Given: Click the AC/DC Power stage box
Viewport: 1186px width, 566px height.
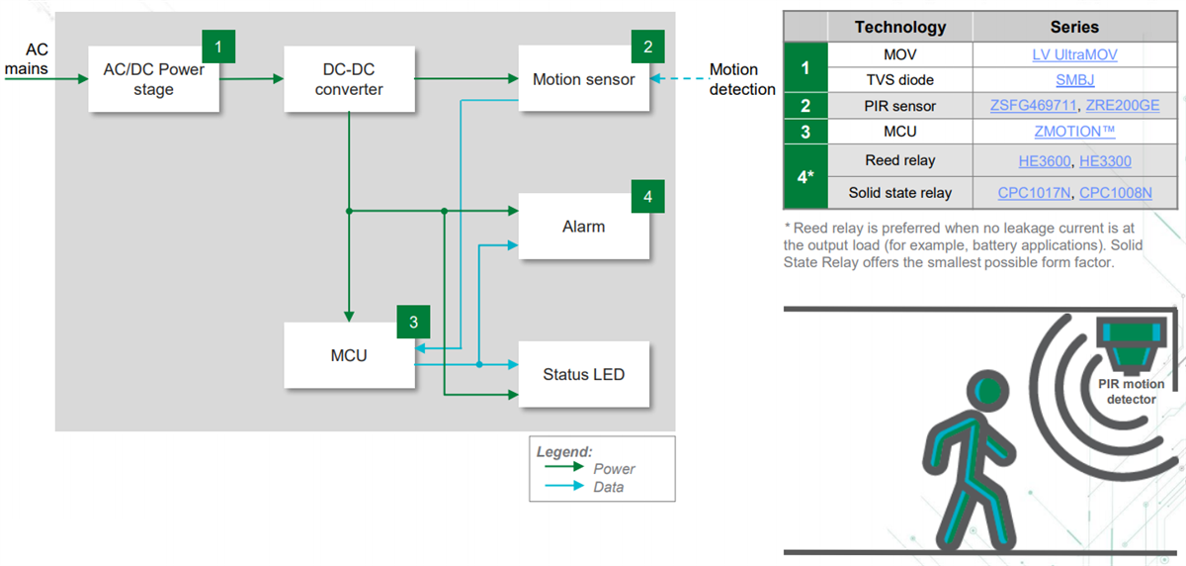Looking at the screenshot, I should [x=152, y=79].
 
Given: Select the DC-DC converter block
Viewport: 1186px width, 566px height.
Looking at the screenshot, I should [x=348, y=79].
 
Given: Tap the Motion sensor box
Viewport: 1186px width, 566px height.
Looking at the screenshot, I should [x=583, y=79].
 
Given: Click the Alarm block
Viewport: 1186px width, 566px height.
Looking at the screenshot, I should [x=583, y=227].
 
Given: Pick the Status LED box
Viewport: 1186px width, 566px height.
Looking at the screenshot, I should [x=583, y=374].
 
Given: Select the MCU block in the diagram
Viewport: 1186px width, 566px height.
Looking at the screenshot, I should [x=348, y=354].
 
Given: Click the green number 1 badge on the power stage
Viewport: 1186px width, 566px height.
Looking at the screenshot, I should [x=218, y=46].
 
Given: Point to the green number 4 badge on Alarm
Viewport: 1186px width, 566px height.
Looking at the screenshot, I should [x=647, y=197].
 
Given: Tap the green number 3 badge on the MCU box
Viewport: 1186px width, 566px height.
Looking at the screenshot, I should [x=413, y=322].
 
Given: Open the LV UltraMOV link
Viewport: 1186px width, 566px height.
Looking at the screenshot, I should [x=1074, y=55].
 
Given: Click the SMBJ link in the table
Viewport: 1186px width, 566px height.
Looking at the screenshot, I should [x=1074, y=80].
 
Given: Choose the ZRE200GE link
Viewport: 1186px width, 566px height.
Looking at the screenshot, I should [x=1123, y=106].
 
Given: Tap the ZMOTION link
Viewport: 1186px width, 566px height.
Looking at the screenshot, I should [x=1074, y=132].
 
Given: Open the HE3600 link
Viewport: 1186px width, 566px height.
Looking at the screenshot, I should [x=1046, y=160].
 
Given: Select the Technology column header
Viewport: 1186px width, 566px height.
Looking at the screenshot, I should [x=899, y=27].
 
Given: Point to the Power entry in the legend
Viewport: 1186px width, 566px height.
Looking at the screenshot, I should [x=614, y=468].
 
